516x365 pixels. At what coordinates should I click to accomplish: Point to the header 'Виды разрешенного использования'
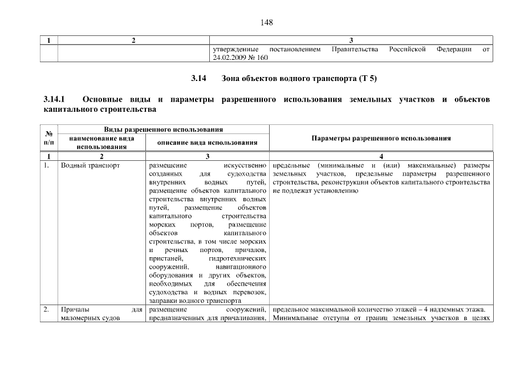tap(155, 131)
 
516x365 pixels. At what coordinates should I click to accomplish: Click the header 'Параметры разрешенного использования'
tap(381, 139)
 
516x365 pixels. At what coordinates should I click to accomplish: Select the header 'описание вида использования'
tap(207, 143)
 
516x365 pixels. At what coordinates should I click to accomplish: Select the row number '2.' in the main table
tap(47, 310)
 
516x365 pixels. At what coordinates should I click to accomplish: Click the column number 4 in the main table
tap(381, 156)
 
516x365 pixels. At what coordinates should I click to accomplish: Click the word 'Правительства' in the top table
tap(355, 50)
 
